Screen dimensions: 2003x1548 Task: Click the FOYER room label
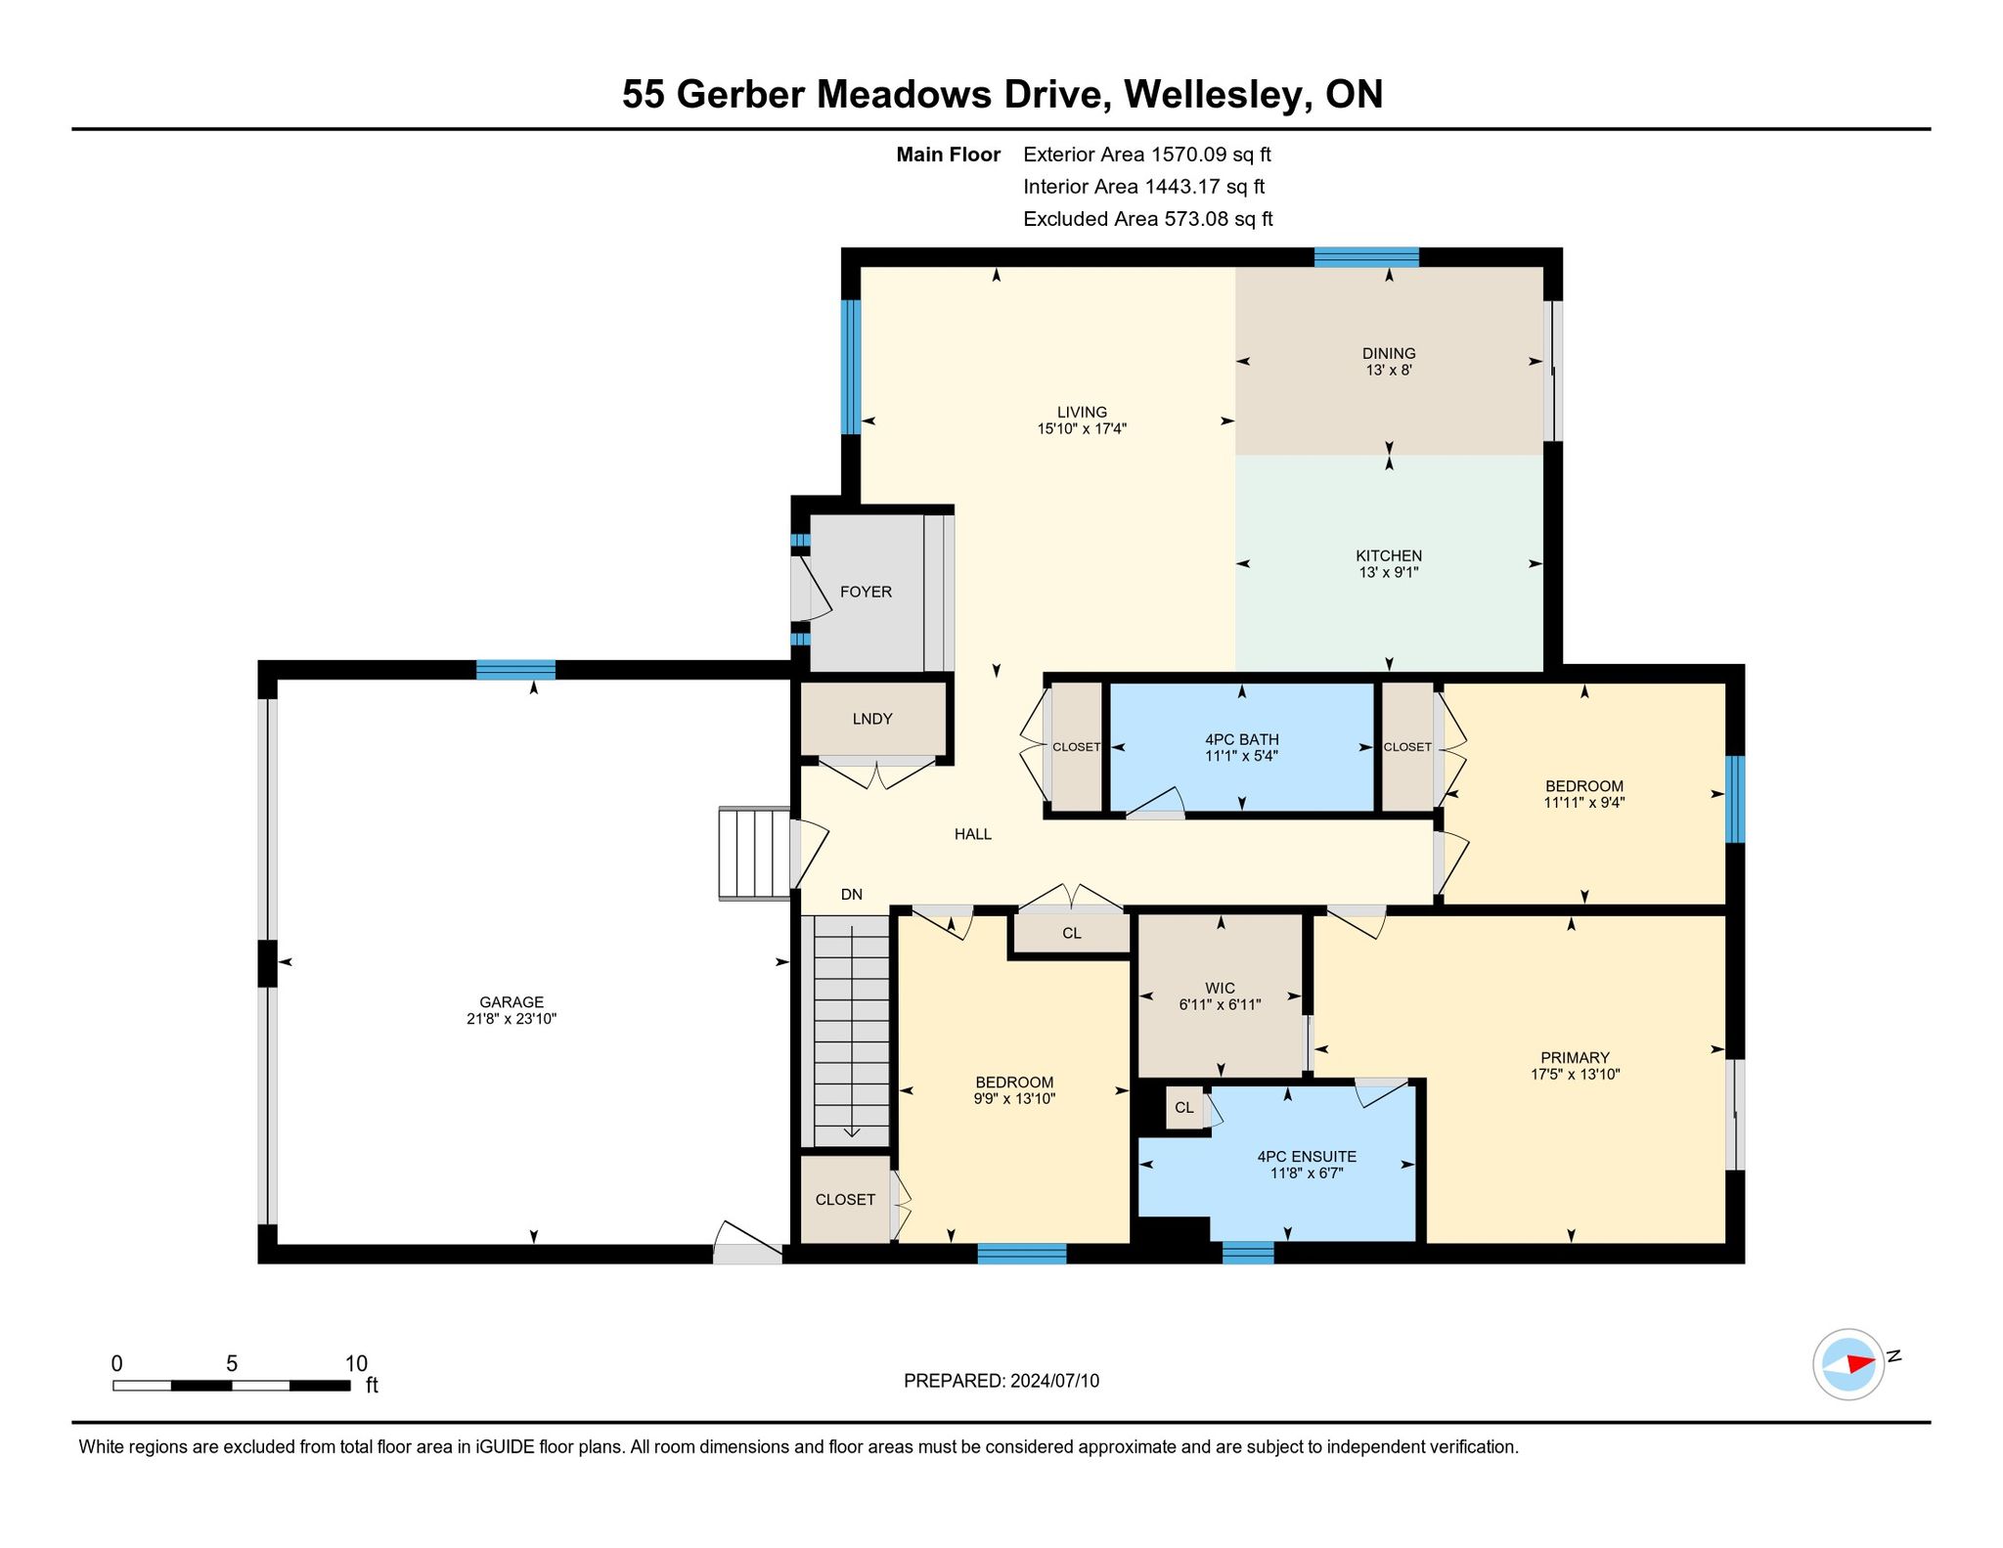[866, 592]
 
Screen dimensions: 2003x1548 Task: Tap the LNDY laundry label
[872, 719]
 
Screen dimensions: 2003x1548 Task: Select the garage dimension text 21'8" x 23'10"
[512, 1018]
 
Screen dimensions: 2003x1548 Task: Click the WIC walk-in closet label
[1221, 988]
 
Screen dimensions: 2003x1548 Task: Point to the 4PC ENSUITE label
[1307, 1156]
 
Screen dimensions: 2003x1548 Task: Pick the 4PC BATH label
[1242, 739]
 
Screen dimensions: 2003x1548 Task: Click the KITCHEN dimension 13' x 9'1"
[1389, 572]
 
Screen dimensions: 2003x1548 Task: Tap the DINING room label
[1389, 353]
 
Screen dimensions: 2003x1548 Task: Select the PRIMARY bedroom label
[1575, 1057]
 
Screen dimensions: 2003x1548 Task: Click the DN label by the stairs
[852, 894]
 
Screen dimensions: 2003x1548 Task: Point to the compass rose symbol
[1848, 1363]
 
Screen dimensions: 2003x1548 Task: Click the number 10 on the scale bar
[356, 1363]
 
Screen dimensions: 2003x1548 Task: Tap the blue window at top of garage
[515, 670]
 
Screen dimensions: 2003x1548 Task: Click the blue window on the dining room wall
[1366, 257]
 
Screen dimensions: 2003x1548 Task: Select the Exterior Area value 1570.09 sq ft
[1211, 155]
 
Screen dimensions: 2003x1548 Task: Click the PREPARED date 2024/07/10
[1055, 1381]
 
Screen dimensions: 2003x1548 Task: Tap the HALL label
[973, 834]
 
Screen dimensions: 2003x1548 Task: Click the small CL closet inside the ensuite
[1184, 1107]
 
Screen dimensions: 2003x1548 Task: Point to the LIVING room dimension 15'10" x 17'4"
[1082, 428]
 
